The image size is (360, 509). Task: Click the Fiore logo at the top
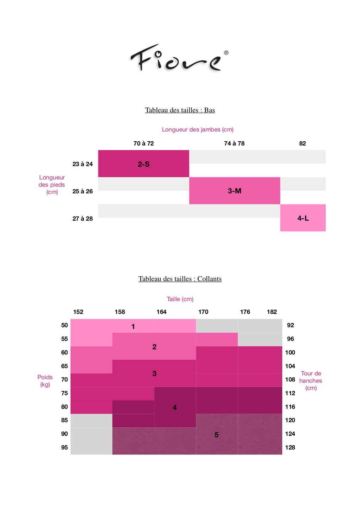click(176, 58)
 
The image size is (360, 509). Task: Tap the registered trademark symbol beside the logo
click(226, 53)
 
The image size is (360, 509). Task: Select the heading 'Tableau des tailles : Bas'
click(180, 110)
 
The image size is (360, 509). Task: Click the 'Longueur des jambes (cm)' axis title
click(198, 129)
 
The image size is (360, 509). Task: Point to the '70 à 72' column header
click(143, 143)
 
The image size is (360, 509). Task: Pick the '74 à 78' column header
click(234, 143)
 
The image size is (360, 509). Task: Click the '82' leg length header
click(302, 143)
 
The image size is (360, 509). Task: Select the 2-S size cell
click(143, 164)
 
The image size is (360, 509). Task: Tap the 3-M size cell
click(234, 191)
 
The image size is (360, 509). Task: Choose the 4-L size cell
click(303, 218)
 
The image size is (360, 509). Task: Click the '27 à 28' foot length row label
click(83, 219)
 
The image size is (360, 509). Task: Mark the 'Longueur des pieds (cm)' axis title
click(52, 185)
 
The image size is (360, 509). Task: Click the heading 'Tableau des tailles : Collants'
click(180, 279)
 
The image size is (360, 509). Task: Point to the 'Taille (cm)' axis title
click(180, 299)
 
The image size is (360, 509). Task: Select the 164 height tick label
click(161, 312)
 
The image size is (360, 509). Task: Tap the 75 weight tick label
click(64, 393)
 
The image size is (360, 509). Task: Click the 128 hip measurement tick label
click(290, 447)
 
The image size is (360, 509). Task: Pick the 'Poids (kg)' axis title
click(45, 381)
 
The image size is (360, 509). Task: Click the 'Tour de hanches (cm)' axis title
click(311, 381)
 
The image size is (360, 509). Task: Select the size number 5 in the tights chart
click(217, 435)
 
